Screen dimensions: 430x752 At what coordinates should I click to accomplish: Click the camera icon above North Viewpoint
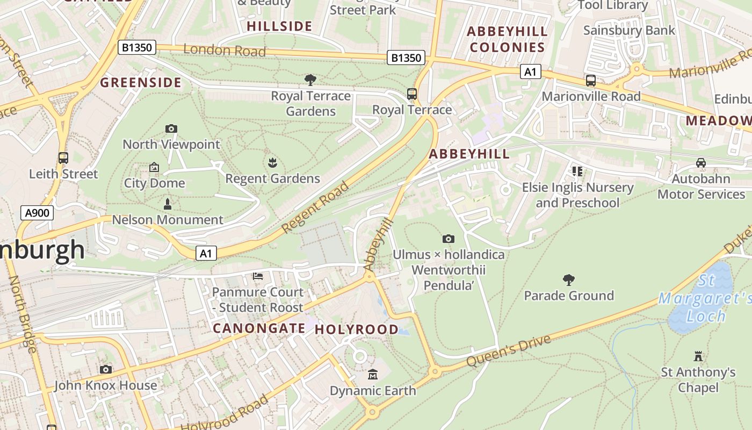pyautogui.click(x=171, y=128)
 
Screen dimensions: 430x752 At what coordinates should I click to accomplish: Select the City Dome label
pyautogui.click(x=154, y=183)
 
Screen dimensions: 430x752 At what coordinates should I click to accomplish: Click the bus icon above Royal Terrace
pyautogui.click(x=412, y=94)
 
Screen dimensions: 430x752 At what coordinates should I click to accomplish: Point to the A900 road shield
pyautogui.click(x=37, y=213)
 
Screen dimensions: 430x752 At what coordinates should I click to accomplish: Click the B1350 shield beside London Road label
pyautogui.click(x=137, y=48)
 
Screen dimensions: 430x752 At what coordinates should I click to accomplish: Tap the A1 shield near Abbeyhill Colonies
pyautogui.click(x=530, y=71)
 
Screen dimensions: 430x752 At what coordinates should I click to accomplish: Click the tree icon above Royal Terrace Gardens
pyautogui.click(x=310, y=80)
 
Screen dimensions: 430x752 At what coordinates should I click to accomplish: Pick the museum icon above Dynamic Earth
pyautogui.click(x=372, y=374)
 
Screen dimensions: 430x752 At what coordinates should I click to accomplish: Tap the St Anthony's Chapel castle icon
pyautogui.click(x=698, y=356)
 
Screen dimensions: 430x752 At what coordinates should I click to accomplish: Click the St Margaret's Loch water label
pyautogui.click(x=705, y=298)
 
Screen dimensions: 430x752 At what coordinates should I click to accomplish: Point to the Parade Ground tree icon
pyautogui.click(x=568, y=280)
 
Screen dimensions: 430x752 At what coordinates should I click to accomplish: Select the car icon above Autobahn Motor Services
pyautogui.click(x=700, y=163)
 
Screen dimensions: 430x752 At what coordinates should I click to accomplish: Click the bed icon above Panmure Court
pyautogui.click(x=258, y=276)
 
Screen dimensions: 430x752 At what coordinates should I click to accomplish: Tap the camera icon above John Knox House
pyautogui.click(x=106, y=369)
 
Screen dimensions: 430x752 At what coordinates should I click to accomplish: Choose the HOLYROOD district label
pyautogui.click(x=357, y=329)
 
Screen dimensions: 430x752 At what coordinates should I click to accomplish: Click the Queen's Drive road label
pyautogui.click(x=508, y=351)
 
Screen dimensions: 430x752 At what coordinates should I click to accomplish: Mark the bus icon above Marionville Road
pyautogui.click(x=590, y=81)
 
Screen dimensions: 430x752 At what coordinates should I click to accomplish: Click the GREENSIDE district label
pyautogui.click(x=141, y=82)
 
